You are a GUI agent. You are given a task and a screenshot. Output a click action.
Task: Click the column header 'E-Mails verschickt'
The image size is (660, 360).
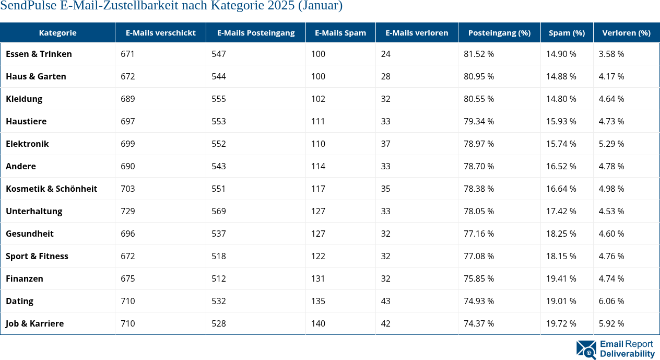[160, 32]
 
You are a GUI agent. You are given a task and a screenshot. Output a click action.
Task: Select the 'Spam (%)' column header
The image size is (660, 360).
[567, 32]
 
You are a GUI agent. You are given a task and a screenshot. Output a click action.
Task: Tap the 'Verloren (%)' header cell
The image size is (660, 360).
[626, 32]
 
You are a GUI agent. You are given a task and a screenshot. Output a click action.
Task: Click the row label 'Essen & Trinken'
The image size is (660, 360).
[39, 54]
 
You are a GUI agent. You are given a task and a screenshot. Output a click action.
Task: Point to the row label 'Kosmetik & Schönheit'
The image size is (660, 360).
[51, 189]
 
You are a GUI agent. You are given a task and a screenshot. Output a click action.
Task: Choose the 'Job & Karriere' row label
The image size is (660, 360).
[34, 323]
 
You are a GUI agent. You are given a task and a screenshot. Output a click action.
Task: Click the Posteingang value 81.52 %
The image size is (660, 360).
[479, 54]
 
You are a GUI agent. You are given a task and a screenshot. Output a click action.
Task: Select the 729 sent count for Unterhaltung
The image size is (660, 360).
[128, 211]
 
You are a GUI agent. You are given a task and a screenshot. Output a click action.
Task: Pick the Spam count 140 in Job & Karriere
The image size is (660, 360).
[318, 323]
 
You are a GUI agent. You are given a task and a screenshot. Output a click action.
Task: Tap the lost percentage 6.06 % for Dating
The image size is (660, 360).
[611, 301]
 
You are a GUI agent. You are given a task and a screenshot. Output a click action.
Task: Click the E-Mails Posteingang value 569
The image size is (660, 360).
[219, 211]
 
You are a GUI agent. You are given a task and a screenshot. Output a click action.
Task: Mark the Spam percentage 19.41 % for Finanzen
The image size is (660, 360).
[561, 278]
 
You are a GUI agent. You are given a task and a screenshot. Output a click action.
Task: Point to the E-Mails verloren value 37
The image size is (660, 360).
[386, 144]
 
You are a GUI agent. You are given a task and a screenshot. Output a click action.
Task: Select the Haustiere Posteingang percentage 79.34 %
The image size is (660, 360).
[479, 121]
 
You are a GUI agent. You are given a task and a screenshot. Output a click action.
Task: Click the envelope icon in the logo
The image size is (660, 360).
[586, 350]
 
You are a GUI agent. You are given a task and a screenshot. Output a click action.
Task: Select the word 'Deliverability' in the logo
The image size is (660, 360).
[627, 354]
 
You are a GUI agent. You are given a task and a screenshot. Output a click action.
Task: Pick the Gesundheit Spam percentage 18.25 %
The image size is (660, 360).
[561, 234]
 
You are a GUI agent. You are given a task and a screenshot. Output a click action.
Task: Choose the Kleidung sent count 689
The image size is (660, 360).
[128, 99]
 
